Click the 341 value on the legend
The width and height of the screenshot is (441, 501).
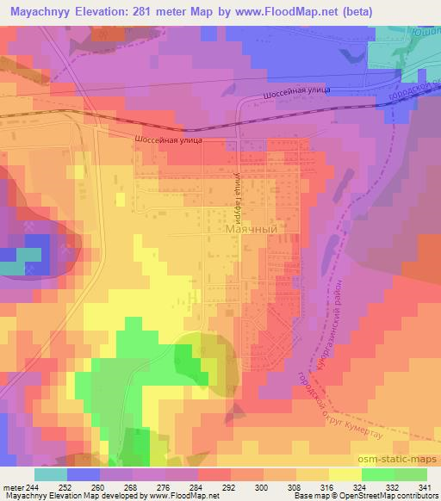coord(425,486)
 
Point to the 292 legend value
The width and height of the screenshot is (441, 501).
coord(230,486)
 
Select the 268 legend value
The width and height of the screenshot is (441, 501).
coord(132,486)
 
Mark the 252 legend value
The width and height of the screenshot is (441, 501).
coord(66,486)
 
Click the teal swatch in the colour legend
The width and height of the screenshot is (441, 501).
coord(51,474)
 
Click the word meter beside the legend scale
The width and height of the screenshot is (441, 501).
coord(11,486)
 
